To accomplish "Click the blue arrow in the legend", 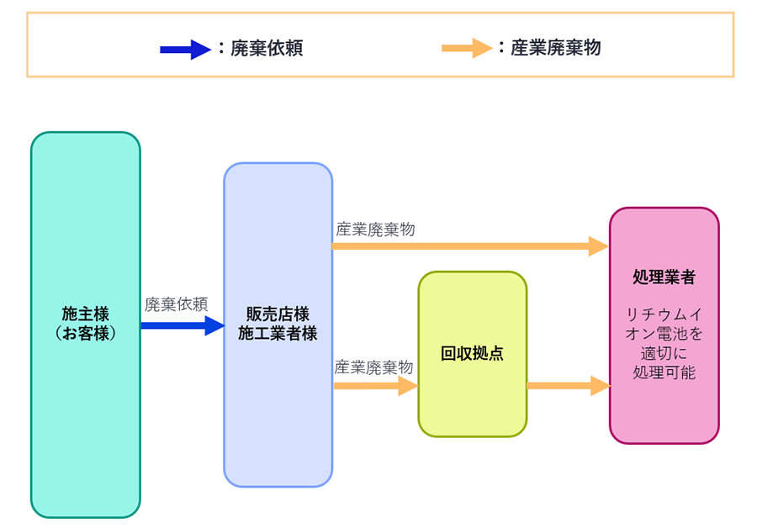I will (x=185, y=50).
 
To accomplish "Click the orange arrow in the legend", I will (x=467, y=48).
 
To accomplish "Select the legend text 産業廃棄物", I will (x=556, y=48).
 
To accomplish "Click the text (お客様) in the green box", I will (x=86, y=333).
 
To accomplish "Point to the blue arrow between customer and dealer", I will (x=182, y=325).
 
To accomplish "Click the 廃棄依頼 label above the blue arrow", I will (x=176, y=304).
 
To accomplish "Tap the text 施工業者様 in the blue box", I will (x=278, y=333).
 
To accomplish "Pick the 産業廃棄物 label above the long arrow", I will (x=375, y=229).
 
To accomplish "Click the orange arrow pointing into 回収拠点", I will (x=375, y=386).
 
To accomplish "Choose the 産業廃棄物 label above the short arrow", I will (x=373, y=367).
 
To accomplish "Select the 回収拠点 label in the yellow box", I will (x=472, y=354).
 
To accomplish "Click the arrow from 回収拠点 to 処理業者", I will (x=568, y=386).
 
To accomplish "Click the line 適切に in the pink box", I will (x=664, y=353).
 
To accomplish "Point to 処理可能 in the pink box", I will (x=664, y=372).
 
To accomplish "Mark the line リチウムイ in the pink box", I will (x=664, y=314).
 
